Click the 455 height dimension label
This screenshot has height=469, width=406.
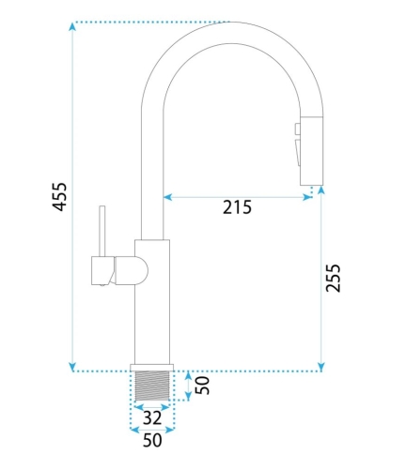coord(59,196)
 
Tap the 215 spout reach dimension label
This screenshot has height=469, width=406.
coord(237,207)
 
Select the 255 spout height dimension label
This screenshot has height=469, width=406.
coord(333,279)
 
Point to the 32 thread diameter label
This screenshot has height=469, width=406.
coord(152,417)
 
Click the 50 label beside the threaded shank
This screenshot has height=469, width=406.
coord(202,386)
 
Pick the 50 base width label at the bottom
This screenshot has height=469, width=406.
coord(152,440)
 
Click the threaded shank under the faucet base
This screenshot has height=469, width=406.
coord(152,386)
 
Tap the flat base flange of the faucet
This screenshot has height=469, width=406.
coord(152,368)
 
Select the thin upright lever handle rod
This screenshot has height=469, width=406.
coord(101,231)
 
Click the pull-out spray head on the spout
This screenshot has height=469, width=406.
coord(312,151)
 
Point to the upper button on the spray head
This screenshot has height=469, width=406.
coord(298,129)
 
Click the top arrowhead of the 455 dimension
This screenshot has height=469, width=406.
coord(72,26)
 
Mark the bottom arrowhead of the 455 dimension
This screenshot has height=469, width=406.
coord(72,367)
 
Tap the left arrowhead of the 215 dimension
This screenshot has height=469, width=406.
coord(168,197)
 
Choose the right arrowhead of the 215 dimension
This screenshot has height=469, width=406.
coord(307,197)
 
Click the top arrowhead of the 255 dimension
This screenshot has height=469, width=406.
coord(321,190)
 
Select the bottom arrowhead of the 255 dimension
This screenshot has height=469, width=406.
coord(321,367)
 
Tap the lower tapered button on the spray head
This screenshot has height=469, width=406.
coord(298,153)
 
